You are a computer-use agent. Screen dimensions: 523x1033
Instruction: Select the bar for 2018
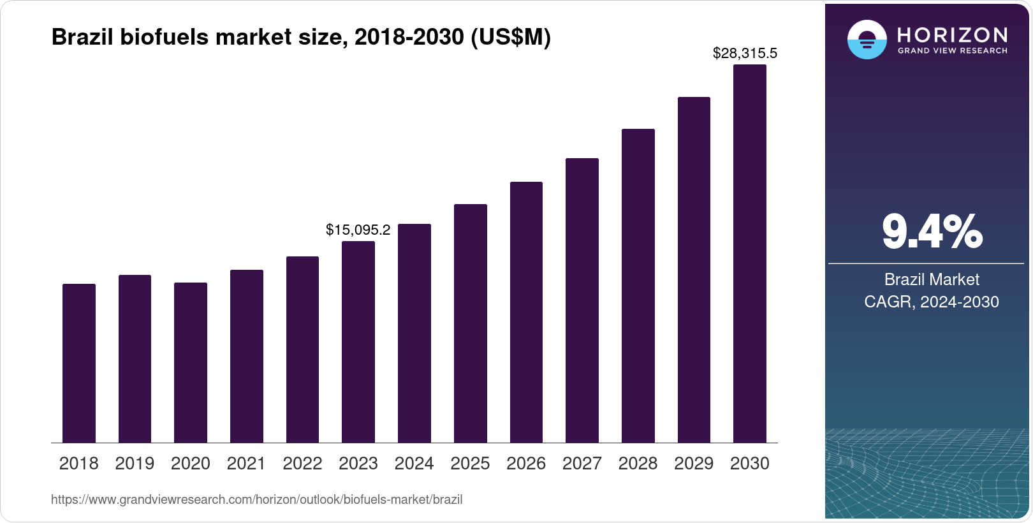coord(79,364)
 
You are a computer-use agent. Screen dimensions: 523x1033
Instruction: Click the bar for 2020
coord(191,363)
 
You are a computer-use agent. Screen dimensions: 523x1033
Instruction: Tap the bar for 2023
coord(358,342)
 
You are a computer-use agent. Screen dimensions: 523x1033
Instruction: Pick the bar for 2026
coord(526,313)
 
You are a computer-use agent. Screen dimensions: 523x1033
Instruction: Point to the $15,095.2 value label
coord(358,230)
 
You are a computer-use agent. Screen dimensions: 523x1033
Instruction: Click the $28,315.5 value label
coord(745,54)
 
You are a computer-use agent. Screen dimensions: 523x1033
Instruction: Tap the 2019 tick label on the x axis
coord(135,464)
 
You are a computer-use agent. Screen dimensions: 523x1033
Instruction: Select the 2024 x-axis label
coord(414,464)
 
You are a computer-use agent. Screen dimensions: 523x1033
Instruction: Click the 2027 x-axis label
coord(582,464)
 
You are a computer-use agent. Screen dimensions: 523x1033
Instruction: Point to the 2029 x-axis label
coord(694,464)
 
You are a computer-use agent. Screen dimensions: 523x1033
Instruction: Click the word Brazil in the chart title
coord(82,38)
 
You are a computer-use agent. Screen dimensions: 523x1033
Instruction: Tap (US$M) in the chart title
coord(510,38)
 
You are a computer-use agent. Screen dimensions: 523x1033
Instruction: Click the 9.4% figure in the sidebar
coord(932,232)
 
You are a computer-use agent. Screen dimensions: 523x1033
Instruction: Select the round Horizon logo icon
coord(867,40)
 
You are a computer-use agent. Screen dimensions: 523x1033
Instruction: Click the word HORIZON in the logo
coord(953,34)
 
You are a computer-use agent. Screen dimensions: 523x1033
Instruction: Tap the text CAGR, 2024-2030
coord(931,302)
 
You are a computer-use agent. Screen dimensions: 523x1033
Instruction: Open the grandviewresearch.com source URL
coord(256,500)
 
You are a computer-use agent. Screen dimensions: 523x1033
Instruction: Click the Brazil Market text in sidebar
coord(931,279)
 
